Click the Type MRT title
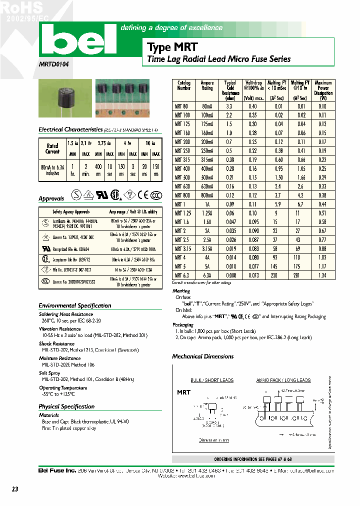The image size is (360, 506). tap(172, 47)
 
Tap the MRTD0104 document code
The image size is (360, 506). tap(54, 64)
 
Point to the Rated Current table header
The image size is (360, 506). tap(52, 148)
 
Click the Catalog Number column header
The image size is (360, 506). tap(184, 85)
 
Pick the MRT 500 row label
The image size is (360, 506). tap(183, 177)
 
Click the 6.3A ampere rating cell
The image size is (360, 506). tap(207, 274)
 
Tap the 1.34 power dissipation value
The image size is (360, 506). tap(322, 274)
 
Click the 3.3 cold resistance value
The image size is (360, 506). tap(229, 106)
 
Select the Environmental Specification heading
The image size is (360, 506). tap(75, 305)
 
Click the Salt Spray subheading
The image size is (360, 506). tap(50, 373)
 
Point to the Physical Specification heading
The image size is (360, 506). tap(66, 406)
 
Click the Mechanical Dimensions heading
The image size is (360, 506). tap(202, 356)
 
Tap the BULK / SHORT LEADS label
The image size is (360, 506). tap(212, 380)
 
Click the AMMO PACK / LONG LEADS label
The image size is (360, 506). tap(283, 380)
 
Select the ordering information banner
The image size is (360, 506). tap(252, 459)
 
